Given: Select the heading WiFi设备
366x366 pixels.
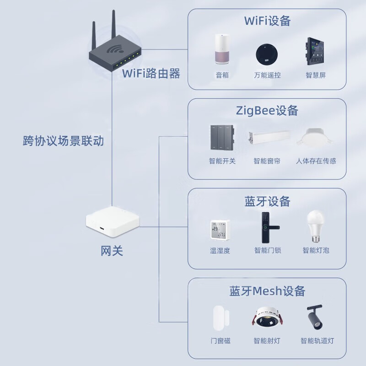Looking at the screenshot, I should [268, 21].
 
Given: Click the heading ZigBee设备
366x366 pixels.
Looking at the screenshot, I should [267, 110].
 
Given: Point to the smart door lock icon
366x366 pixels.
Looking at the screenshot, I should [266, 227].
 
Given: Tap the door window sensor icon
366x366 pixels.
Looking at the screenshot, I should [221, 319].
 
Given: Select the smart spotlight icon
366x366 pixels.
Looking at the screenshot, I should [266, 319].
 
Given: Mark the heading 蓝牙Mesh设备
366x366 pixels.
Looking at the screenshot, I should [267, 291].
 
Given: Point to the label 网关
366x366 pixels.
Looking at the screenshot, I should [112, 251].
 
